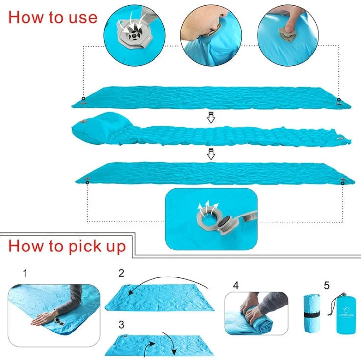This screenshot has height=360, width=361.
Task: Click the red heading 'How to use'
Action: tap(53, 17)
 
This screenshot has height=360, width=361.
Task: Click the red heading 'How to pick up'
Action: tap(67, 246)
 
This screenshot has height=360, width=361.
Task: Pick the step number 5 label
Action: tap(327, 284)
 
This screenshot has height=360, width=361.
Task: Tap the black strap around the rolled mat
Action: tap(310, 314)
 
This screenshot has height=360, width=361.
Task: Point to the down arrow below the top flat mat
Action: tap(211, 118)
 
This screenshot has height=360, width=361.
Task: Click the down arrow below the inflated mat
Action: tap(211, 154)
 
